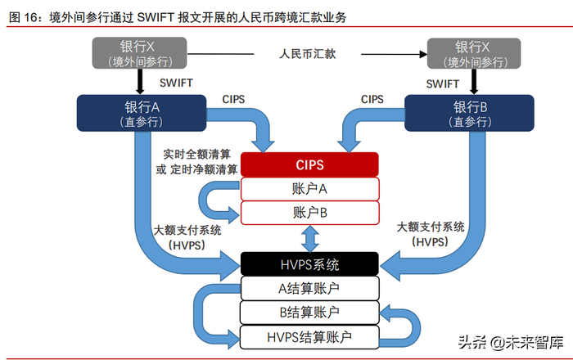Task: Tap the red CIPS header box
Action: pos(309,164)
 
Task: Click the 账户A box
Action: pos(309,189)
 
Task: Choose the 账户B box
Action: pos(309,213)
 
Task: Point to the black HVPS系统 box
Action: pos(309,264)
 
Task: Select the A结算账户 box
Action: pos(309,288)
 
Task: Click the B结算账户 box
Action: pos(309,312)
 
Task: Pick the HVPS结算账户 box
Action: pos(309,335)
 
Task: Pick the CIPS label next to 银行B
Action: pos(372,100)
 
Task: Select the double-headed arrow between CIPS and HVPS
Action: pos(309,239)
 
